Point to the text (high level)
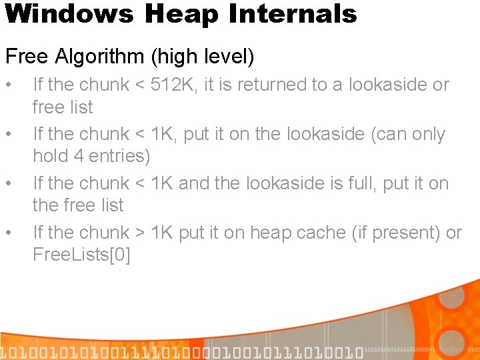click(x=203, y=57)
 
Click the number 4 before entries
click(x=75, y=157)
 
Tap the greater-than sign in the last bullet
click(x=140, y=233)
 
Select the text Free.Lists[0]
click(x=81, y=255)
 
